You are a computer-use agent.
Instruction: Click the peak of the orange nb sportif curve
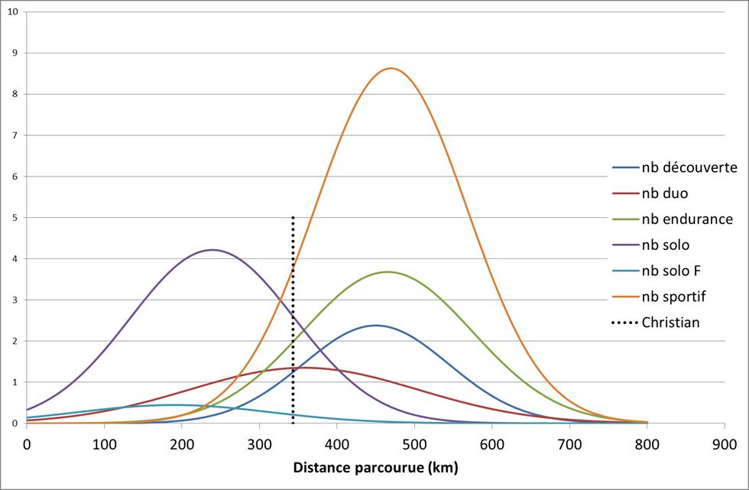point(391,68)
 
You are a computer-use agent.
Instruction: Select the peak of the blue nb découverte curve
point(375,325)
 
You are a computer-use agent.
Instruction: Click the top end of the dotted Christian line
point(293,217)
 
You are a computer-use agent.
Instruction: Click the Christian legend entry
point(670,323)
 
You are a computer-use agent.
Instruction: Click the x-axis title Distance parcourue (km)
point(375,466)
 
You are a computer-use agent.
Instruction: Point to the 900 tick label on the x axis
point(725,443)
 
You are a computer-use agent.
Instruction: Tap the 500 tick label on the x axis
point(414,443)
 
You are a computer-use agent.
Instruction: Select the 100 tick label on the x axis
point(104,443)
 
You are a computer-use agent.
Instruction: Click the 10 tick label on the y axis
point(13,11)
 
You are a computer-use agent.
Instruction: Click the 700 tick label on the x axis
point(569,443)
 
